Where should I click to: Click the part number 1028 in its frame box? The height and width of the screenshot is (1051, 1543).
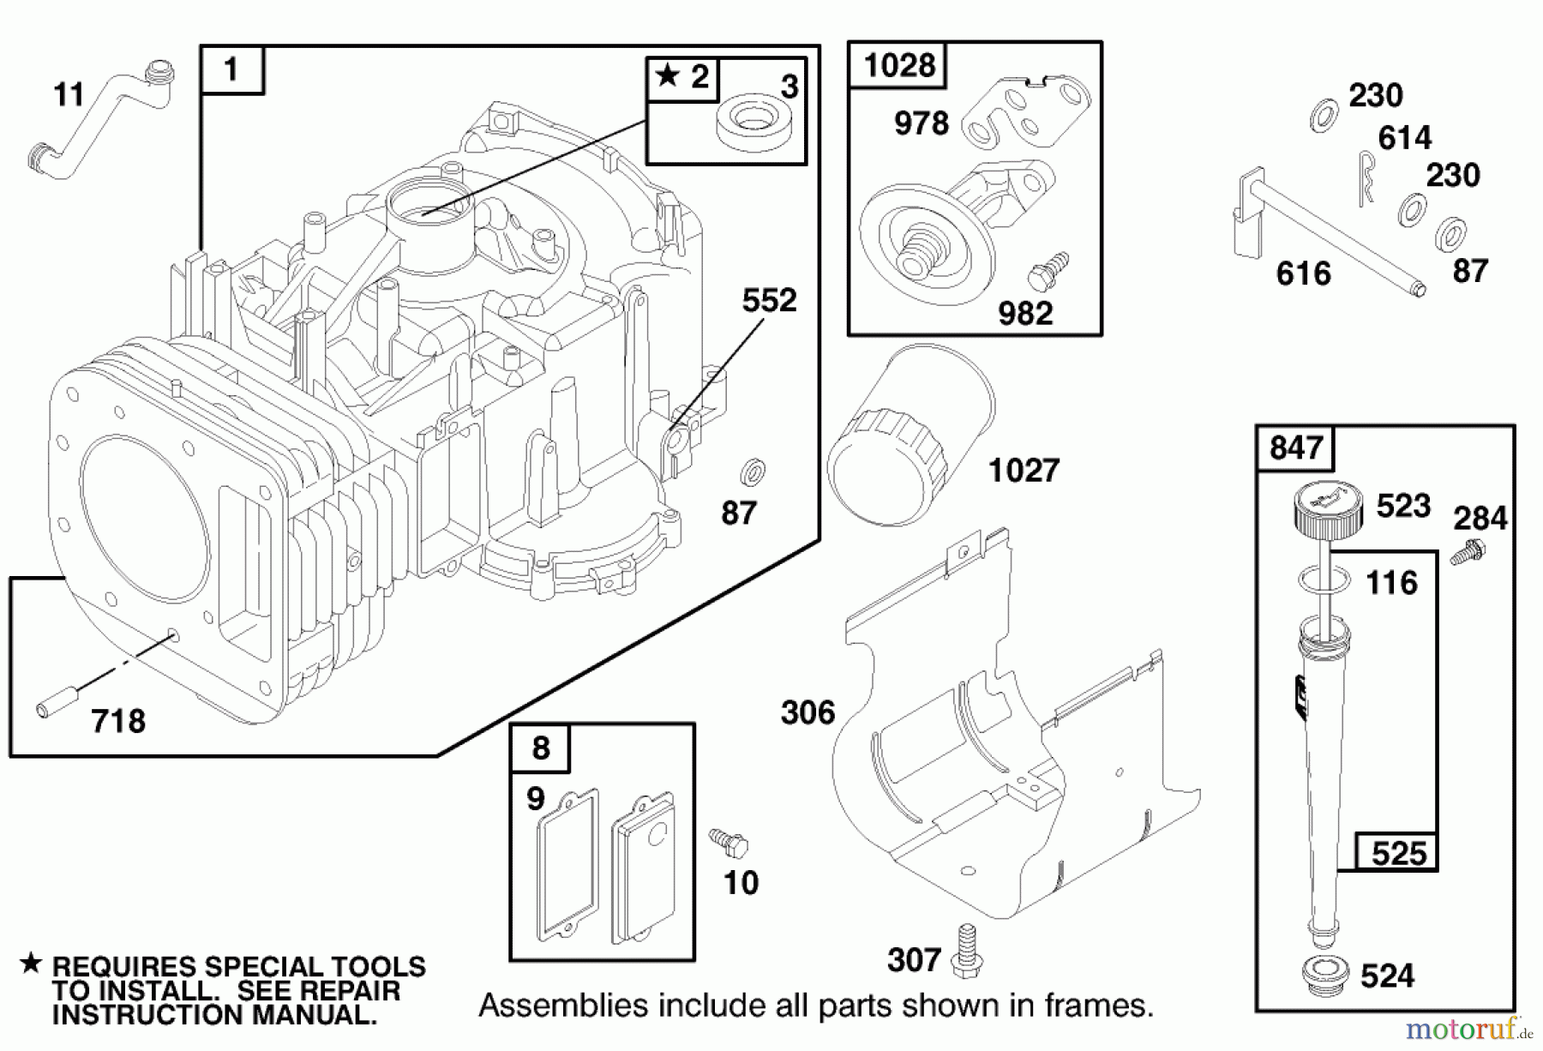click(x=898, y=64)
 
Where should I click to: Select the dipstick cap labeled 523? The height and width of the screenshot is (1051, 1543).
click(x=1327, y=509)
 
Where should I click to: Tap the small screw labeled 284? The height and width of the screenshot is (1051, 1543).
click(x=1468, y=550)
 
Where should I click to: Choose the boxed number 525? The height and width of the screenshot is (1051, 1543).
click(x=1398, y=853)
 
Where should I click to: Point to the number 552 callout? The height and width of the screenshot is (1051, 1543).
click(x=769, y=300)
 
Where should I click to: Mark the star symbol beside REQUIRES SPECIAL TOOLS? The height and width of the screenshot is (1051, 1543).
click(x=31, y=964)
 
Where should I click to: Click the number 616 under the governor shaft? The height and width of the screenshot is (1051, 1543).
click(x=1303, y=273)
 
